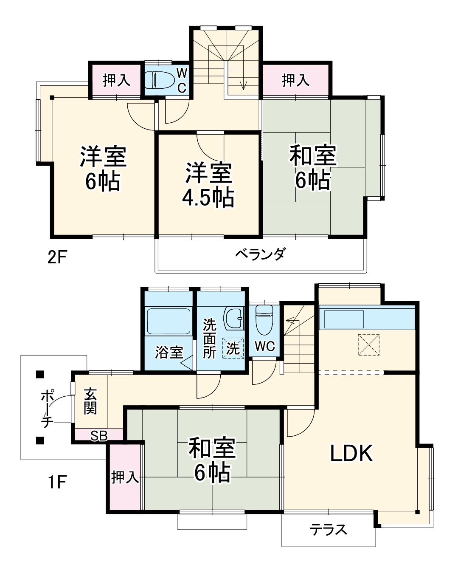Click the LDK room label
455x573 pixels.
(x=351, y=453)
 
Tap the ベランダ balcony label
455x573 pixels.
(x=260, y=254)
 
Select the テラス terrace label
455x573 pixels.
(x=328, y=529)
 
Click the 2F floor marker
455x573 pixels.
(x=57, y=257)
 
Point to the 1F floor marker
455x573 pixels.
(x=56, y=482)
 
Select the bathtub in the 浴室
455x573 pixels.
(x=169, y=322)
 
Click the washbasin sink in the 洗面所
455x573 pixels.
(x=234, y=318)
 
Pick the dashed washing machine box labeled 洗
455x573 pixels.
(x=233, y=348)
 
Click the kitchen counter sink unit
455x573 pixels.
(x=344, y=319)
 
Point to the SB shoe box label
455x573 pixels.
(x=98, y=435)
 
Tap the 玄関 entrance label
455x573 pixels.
(x=90, y=401)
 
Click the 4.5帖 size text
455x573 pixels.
(x=208, y=197)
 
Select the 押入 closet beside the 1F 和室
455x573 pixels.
(x=124, y=477)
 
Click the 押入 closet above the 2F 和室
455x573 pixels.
(x=295, y=80)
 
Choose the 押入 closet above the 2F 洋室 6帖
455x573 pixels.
(x=116, y=80)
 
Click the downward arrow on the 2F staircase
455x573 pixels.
(x=243, y=84)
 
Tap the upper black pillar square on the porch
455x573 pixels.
(x=39, y=375)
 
